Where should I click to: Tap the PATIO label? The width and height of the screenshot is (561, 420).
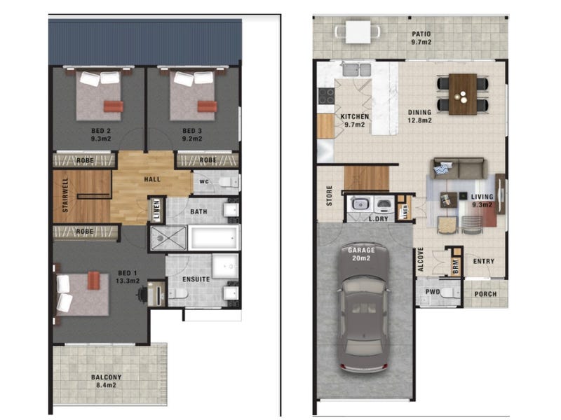(x=421, y=34)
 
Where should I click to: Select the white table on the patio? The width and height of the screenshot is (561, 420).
(x=358, y=31)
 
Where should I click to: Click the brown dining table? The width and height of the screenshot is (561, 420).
(x=463, y=94)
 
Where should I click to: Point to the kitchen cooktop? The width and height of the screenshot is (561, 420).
(x=326, y=96)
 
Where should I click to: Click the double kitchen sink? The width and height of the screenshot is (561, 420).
(x=357, y=69)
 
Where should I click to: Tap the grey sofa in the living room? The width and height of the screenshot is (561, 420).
(x=459, y=168)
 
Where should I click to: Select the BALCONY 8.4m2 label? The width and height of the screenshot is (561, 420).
(x=107, y=381)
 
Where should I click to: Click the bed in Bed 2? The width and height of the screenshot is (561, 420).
(x=99, y=94)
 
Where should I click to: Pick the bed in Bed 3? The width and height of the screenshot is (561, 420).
(x=193, y=94)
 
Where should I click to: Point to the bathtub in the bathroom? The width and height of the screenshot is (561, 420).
(x=214, y=237)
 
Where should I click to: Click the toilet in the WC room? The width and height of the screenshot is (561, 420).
(x=228, y=183)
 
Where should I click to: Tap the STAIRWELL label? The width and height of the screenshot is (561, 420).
(x=65, y=195)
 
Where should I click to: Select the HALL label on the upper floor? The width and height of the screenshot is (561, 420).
(x=152, y=179)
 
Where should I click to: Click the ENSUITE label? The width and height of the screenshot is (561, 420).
(x=196, y=279)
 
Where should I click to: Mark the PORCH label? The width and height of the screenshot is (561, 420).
(x=485, y=294)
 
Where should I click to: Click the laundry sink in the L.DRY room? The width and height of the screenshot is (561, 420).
(x=359, y=204)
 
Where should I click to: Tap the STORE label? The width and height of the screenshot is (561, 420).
(x=330, y=196)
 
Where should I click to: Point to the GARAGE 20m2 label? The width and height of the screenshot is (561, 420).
(x=361, y=254)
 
